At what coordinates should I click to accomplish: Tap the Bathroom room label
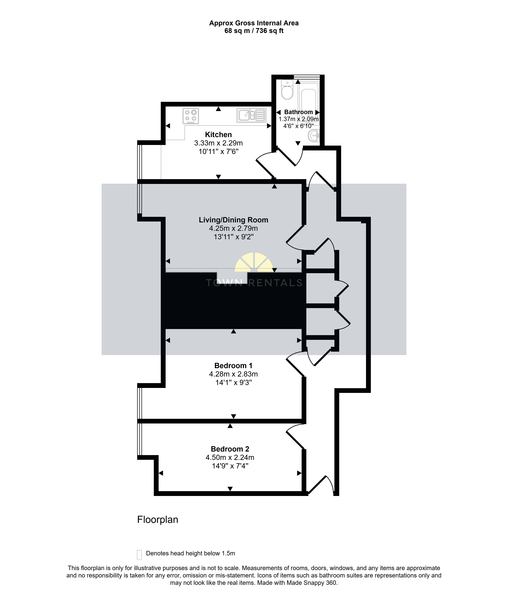pyautogui.click(x=298, y=112)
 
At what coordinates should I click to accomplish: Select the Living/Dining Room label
pyautogui.click(x=233, y=220)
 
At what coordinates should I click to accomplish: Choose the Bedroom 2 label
pyautogui.click(x=230, y=449)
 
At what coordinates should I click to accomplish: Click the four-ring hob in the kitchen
pyautogui.click(x=190, y=116)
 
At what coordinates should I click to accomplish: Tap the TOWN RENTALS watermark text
pyautogui.click(x=254, y=283)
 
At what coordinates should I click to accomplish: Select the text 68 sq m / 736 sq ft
pyautogui.click(x=254, y=31)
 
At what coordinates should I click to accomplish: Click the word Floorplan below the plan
pyautogui.click(x=158, y=520)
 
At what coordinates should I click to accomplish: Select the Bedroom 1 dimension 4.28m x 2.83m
pyautogui.click(x=233, y=374)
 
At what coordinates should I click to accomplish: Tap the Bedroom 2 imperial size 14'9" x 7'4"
pyautogui.click(x=230, y=466)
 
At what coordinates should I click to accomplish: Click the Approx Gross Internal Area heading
pyautogui.click(x=254, y=23)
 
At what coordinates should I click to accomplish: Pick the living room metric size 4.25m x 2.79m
pyautogui.click(x=233, y=228)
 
